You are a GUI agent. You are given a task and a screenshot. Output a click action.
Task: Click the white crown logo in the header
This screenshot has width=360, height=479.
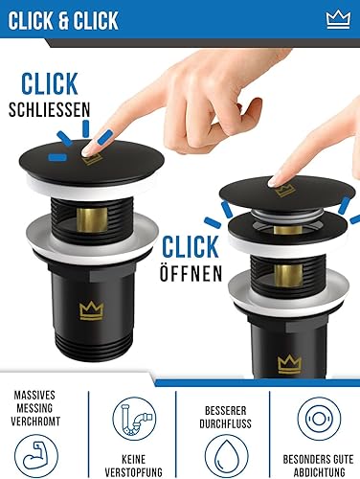coord(338,20)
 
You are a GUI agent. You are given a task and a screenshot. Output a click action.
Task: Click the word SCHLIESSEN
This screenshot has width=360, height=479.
coord(50,110)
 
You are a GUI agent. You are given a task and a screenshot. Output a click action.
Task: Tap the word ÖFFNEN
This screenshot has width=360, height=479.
coord(191,273)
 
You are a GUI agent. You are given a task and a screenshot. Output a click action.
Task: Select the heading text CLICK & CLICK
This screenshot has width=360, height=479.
coord(63,20)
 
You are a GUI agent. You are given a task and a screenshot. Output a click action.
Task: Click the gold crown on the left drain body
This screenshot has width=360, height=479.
coord(92,310)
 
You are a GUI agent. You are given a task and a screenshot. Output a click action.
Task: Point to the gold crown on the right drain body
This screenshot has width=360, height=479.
coord(289,364)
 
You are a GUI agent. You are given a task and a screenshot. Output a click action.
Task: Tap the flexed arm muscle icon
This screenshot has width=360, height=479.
coord(36,456)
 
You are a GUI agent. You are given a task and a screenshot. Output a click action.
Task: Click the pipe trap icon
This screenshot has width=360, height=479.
coord(134,419)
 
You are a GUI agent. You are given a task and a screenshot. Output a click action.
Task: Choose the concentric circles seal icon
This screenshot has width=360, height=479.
coord(319,419)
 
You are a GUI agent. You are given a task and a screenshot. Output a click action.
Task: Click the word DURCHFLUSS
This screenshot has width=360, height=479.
coord(225,423)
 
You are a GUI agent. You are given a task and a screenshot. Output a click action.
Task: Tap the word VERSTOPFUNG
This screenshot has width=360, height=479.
coord(134,472)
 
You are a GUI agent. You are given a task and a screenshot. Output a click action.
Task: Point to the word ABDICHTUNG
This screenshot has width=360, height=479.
coord(320,472)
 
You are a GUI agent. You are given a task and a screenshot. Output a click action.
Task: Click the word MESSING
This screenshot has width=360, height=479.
coord(34,408)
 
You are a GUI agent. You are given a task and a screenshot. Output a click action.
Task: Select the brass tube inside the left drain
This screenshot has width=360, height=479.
coord(92,220)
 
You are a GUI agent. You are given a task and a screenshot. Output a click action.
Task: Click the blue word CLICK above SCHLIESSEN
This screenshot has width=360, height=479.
coord(50,83)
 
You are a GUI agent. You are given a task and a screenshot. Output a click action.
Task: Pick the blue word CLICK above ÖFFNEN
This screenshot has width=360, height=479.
coord(191,247)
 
